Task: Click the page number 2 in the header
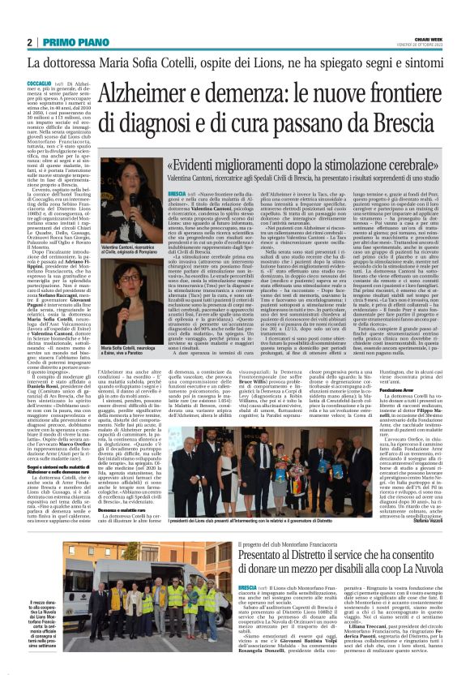tap(29, 42)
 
